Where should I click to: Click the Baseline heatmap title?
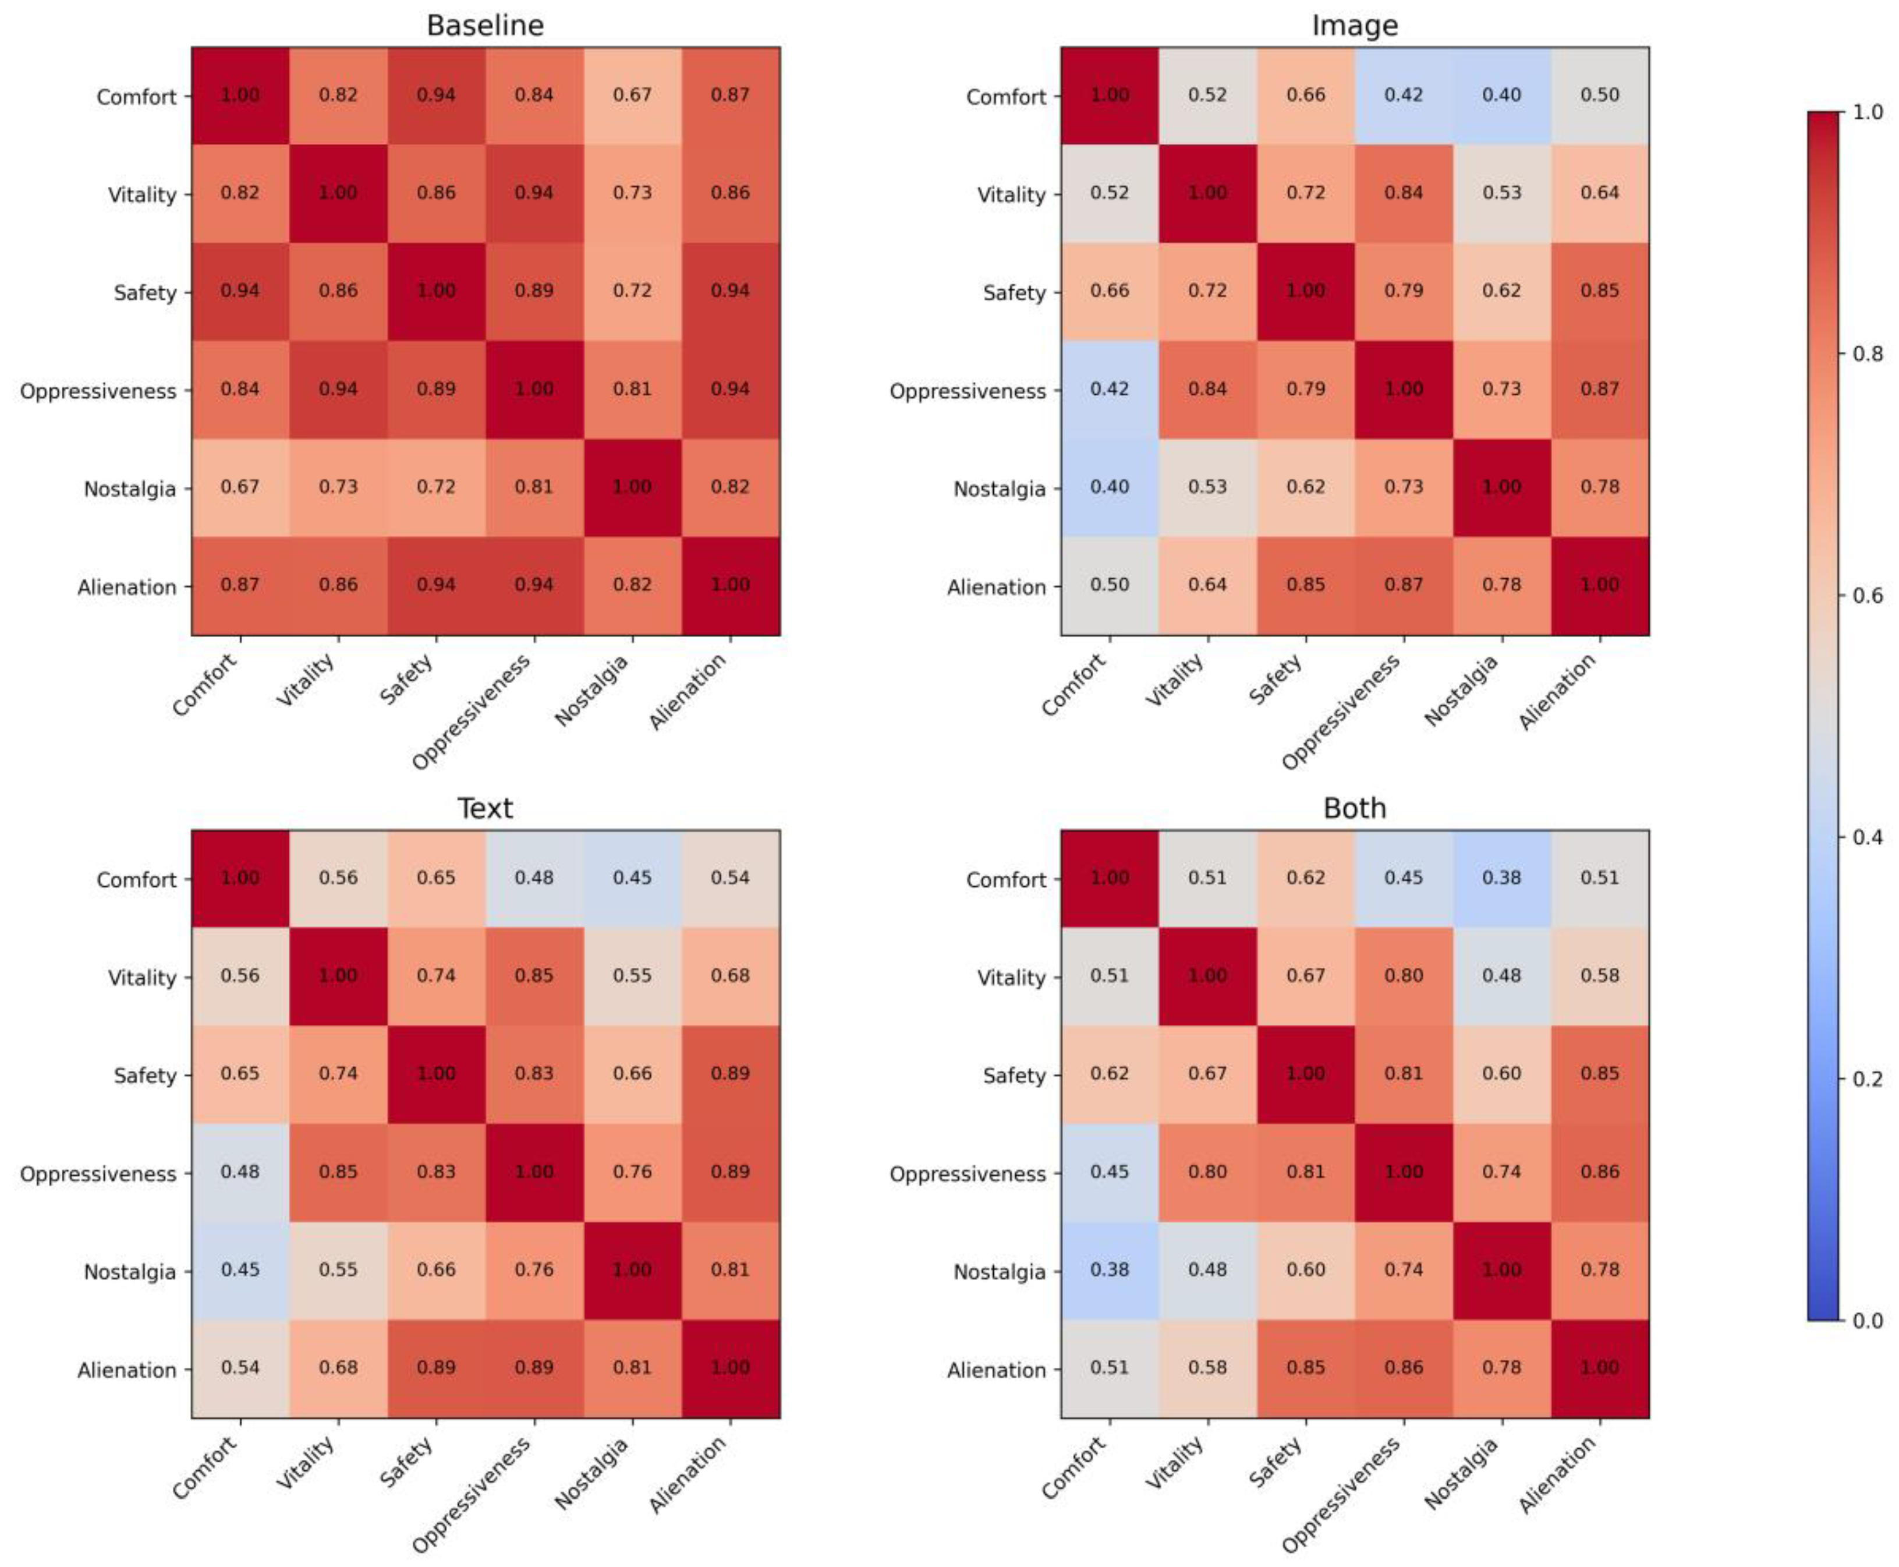(x=485, y=25)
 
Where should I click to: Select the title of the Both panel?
(x=1354, y=808)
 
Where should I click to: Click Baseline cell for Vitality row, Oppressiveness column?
(x=534, y=193)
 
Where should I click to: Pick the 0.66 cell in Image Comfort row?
(x=1305, y=95)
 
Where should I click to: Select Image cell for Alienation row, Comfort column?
(x=1109, y=585)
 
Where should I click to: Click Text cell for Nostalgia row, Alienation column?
(x=730, y=1270)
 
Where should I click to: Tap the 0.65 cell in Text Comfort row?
(x=436, y=878)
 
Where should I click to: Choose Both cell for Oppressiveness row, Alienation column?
(x=1599, y=1172)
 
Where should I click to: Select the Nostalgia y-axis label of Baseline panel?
(x=130, y=489)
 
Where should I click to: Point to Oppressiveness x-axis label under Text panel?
(x=471, y=1494)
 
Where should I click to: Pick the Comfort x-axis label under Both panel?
(x=1074, y=1467)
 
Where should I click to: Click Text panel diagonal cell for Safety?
(x=436, y=1073)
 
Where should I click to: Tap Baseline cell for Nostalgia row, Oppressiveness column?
(x=534, y=487)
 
